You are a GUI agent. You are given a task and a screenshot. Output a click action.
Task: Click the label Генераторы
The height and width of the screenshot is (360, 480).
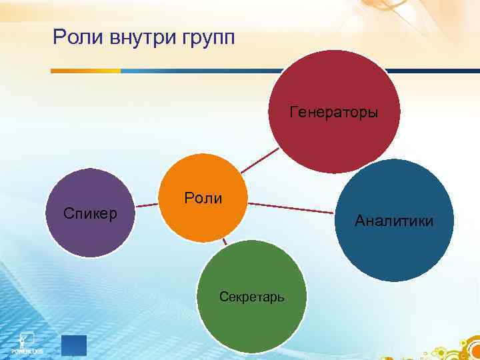click(333, 112)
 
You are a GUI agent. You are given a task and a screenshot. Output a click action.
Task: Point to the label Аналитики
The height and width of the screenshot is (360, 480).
click(394, 221)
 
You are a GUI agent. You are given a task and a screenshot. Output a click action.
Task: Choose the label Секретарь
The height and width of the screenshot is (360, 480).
click(252, 297)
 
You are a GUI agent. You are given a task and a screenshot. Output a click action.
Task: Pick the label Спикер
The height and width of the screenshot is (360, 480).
click(90, 213)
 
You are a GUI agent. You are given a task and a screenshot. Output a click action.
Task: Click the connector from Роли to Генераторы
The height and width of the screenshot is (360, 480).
click(261, 161)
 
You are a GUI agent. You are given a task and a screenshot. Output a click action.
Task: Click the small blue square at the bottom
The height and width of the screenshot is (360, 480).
click(73, 345)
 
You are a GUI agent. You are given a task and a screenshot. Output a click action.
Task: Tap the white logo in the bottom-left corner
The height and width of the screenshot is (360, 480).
click(27, 341)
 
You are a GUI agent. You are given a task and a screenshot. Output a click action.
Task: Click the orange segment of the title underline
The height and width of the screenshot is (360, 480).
click(86, 70)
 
